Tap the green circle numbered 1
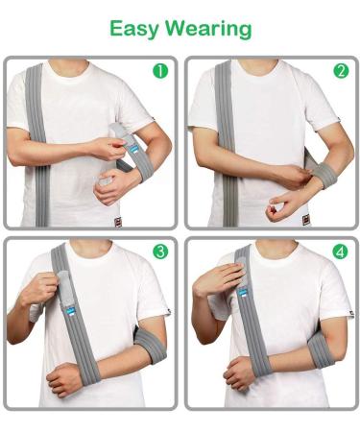pos(159,70)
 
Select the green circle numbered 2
pos(340,70)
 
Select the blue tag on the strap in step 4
pos(243,290)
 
